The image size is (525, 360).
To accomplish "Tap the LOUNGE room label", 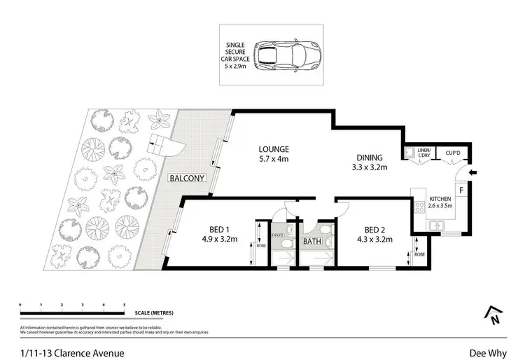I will click(x=274, y=149).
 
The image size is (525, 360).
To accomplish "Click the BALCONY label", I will click(x=187, y=178).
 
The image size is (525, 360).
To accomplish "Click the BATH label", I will click(x=311, y=242).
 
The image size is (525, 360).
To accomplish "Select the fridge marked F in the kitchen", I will click(x=461, y=190).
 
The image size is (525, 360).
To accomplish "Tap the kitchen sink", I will click(x=436, y=226).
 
